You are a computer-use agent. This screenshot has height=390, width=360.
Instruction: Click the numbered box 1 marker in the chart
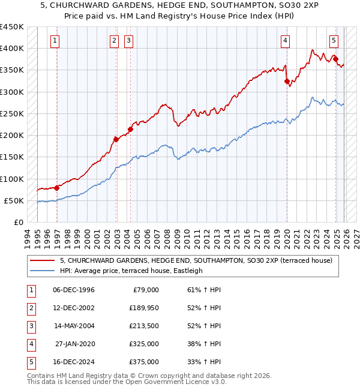55,41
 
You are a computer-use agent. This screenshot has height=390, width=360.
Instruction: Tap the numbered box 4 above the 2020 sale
285,41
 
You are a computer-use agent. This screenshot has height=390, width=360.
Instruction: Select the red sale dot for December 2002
116,139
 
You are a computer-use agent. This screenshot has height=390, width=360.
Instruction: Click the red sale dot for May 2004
130,129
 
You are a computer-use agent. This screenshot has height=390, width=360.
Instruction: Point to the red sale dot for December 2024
336,59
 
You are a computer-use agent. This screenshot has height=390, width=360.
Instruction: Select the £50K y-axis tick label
14,200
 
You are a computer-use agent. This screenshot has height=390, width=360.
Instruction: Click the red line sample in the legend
42,260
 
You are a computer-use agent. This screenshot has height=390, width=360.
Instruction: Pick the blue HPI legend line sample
42,271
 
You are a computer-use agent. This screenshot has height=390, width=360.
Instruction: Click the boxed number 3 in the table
29,326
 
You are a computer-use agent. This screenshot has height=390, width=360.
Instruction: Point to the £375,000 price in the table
144,362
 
